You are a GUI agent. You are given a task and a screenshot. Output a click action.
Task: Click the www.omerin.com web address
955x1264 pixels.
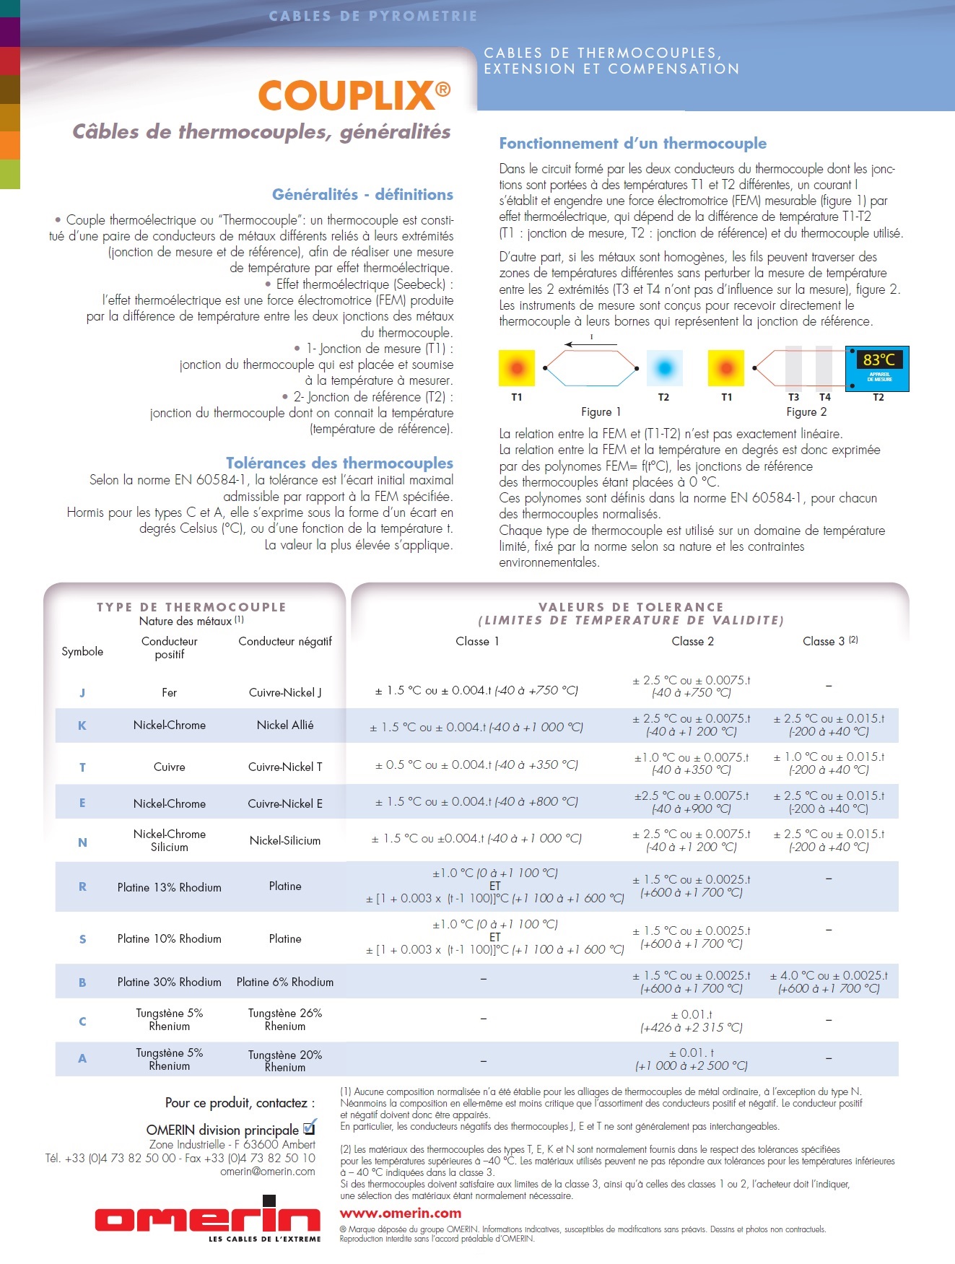(x=401, y=1213)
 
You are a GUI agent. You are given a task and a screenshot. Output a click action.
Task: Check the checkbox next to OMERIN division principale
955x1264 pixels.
(x=309, y=1128)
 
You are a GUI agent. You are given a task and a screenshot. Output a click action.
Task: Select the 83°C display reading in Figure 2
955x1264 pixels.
(x=878, y=359)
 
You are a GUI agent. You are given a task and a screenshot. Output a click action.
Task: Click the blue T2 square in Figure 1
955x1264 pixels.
(x=664, y=368)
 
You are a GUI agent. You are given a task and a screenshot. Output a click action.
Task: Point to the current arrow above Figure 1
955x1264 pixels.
(x=590, y=344)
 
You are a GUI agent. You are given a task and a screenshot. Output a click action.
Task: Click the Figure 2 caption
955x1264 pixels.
(x=806, y=411)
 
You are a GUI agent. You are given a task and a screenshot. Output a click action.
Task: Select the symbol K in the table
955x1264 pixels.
(x=82, y=725)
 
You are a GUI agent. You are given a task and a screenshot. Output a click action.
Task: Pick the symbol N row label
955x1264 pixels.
(x=82, y=842)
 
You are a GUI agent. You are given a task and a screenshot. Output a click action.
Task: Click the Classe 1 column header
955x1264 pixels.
(x=477, y=641)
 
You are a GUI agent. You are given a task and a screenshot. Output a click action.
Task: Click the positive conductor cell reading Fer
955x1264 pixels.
(x=170, y=692)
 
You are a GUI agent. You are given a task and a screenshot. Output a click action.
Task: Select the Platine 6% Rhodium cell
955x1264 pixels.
(x=285, y=982)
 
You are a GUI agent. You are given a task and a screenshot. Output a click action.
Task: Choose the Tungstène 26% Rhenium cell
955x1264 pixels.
(x=285, y=1019)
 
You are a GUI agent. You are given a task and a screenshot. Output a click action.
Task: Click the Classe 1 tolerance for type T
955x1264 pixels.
(x=476, y=764)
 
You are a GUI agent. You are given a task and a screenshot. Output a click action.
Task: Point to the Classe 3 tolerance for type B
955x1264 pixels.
(x=829, y=982)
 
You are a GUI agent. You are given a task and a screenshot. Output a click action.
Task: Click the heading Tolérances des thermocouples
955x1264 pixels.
(x=339, y=463)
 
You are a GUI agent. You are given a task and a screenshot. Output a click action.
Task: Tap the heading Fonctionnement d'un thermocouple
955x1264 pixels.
(x=633, y=143)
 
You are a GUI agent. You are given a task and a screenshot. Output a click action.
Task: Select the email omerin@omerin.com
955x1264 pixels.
(x=268, y=1171)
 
